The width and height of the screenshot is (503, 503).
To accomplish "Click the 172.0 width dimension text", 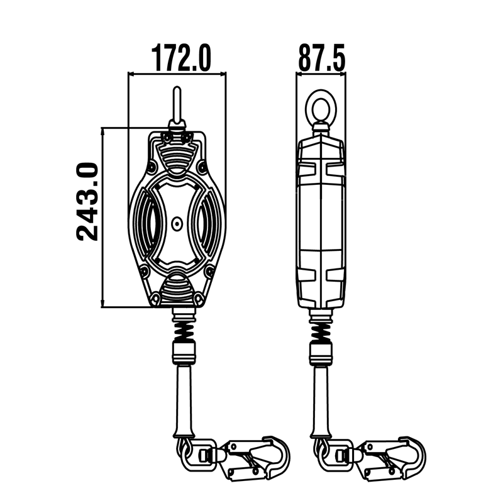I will [180, 58].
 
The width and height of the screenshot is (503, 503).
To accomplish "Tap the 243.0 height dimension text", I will [87, 201].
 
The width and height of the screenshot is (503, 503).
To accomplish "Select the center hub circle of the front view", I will [177, 222].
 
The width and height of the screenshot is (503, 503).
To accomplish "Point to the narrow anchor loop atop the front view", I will [177, 106].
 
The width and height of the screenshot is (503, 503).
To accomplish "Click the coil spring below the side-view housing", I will [321, 326].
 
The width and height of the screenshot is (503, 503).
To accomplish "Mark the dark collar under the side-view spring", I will [321, 351].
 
